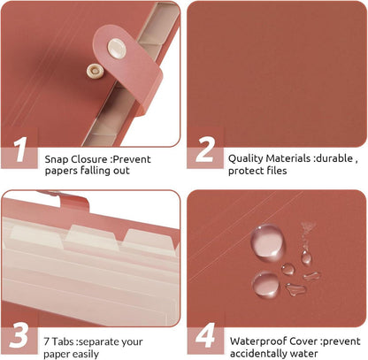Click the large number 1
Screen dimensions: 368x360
click(x=20, y=149)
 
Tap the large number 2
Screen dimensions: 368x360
click(x=205, y=149)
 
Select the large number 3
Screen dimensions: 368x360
click(x=19, y=335)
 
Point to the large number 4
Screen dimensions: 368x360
click(x=205, y=335)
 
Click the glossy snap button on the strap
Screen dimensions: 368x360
click(x=117, y=48)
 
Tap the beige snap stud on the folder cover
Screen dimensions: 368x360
click(x=95, y=72)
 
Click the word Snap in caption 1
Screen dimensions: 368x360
click(x=57, y=160)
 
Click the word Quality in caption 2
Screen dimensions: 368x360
click(x=246, y=159)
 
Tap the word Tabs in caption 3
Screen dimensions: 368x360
click(x=64, y=341)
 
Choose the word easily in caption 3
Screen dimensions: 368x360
click(x=84, y=355)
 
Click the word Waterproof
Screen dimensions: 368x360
click(x=258, y=341)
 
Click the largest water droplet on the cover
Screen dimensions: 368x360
click(x=267, y=242)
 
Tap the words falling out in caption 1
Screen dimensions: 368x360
click(x=105, y=171)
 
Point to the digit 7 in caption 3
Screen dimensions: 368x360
click(x=47, y=341)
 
